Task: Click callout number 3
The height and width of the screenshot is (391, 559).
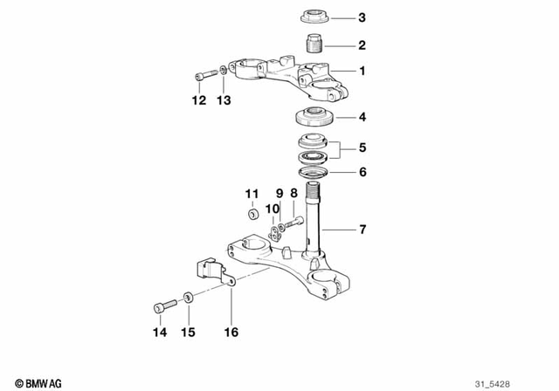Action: [x=362, y=18]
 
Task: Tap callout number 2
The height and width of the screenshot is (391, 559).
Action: [x=362, y=45]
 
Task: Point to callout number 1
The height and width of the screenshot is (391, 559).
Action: [x=362, y=71]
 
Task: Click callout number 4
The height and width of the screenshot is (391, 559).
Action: [x=362, y=116]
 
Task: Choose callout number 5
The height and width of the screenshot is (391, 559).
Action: [x=362, y=147]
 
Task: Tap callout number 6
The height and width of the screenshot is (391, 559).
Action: [x=362, y=172]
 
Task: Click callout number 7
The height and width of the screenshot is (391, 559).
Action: [x=362, y=230]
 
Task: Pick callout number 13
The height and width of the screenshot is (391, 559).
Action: [x=224, y=100]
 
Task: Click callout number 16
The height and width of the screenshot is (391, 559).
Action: [x=231, y=332]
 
